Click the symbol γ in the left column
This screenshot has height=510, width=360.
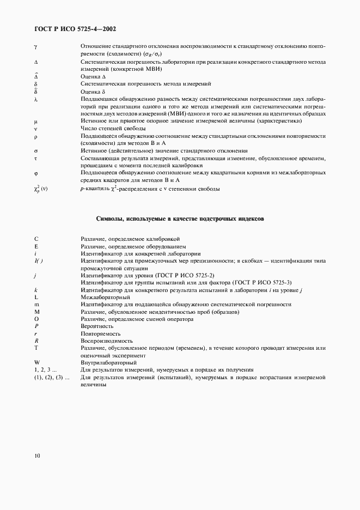tap(35, 47)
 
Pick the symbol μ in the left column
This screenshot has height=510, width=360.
tap(35, 120)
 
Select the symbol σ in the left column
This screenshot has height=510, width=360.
tap(35, 150)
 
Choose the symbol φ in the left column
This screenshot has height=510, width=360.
tap(35, 173)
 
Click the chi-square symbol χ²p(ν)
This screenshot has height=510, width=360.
tap(41, 189)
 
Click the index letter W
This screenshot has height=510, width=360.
tap(36, 362)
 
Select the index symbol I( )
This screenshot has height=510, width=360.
tap(38, 261)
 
